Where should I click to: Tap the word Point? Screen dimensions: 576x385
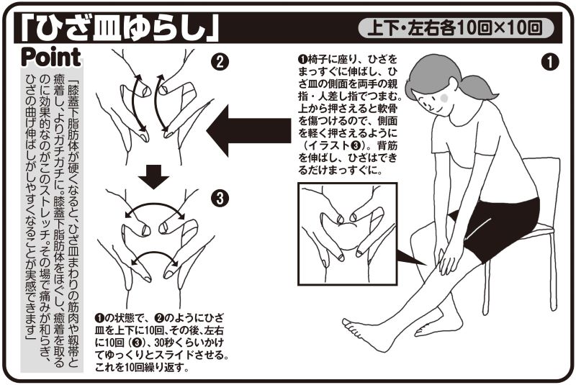(x=51, y=58)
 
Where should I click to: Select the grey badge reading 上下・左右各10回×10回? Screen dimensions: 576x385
(x=456, y=28)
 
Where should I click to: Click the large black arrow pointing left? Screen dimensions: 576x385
(x=248, y=131)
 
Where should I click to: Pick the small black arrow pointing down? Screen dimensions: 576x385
(x=153, y=176)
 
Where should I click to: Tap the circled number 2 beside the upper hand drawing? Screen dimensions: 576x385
(x=220, y=62)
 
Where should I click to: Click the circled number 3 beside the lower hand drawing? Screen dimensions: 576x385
(x=220, y=199)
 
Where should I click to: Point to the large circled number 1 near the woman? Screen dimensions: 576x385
(x=550, y=62)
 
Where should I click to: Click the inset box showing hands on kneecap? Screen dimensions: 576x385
(x=348, y=234)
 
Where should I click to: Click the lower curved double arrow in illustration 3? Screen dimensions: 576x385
(x=155, y=254)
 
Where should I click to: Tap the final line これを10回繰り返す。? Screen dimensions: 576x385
(x=142, y=367)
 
